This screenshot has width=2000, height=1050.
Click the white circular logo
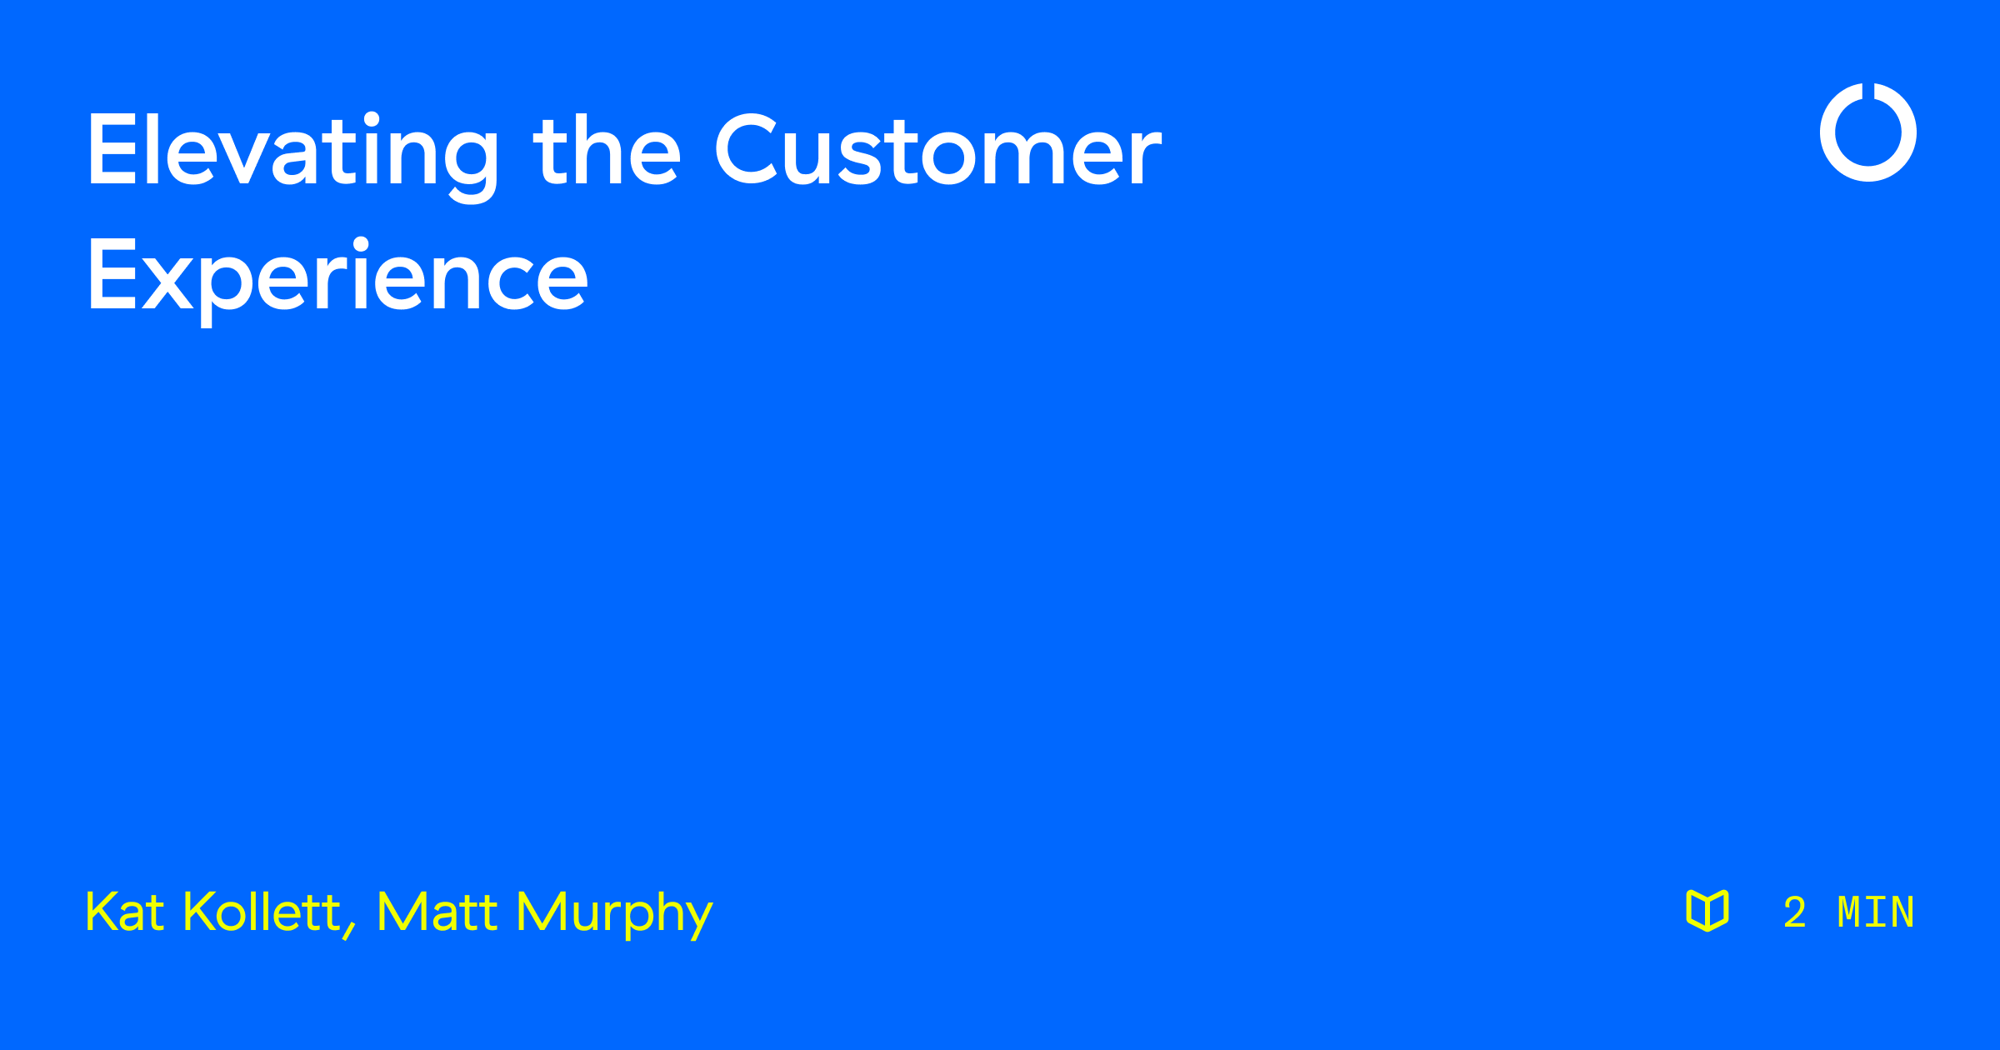[1868, 132]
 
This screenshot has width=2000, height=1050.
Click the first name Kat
[124, 912]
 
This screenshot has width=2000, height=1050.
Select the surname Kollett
[262, 912]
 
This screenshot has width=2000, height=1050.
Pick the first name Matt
[437, 912]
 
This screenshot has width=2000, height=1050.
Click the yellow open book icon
[1707, 910]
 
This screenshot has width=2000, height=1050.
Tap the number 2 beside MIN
[1795, 912]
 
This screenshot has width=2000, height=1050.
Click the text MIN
[1876, 912]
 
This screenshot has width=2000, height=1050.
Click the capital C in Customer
[746, 150]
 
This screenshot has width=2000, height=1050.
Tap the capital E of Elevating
[112, 150]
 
